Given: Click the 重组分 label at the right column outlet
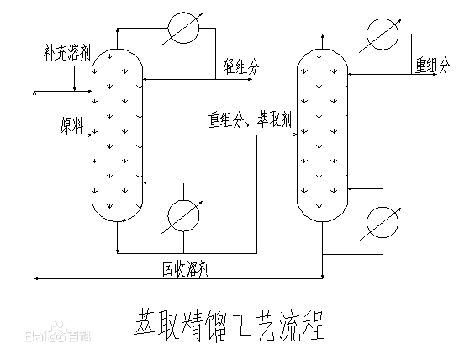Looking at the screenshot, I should coord(432,65).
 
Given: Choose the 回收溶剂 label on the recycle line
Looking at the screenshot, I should coord(187,268).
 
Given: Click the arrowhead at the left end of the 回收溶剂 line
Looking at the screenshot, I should coord(35,277).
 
